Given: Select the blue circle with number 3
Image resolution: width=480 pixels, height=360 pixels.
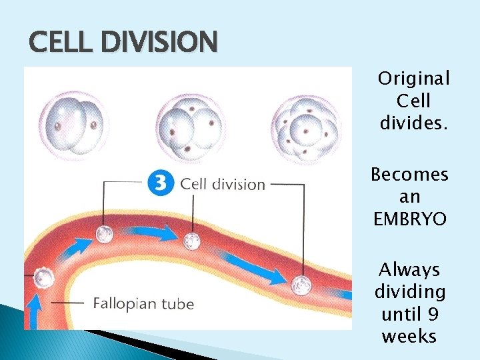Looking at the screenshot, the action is [x=161, y=184].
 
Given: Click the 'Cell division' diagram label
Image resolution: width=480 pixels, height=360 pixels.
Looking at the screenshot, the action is [x=223, y=184].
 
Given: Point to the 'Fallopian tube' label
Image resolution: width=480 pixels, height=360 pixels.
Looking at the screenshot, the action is [x=143, y=304].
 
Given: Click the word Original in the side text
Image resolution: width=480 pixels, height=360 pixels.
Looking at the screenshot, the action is [x=414, y=79].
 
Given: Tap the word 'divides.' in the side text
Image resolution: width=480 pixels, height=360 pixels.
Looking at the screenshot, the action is [x=414, y=124].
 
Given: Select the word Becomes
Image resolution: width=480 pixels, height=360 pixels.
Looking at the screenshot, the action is [x=409, y=175].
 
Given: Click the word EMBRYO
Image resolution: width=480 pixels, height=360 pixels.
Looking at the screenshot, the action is [x=409, y=219].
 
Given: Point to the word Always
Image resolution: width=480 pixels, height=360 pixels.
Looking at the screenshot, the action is [x=409, y=269].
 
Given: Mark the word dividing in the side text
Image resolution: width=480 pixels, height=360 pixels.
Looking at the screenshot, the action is [x=409, y=291].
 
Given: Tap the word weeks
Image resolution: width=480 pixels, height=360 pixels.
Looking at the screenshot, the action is [x=409, y=335].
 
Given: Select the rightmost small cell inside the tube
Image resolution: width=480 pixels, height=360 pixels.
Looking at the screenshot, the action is [x=302, y=285].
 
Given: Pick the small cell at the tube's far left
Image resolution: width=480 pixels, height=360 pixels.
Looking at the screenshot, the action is [x=44, y=277].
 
